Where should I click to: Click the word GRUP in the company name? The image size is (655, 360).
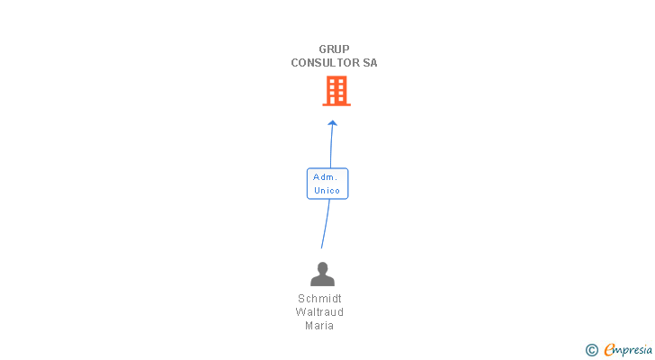[334, 49]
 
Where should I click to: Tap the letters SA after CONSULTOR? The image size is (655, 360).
[370, 63]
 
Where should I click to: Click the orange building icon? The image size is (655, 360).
[336, 90]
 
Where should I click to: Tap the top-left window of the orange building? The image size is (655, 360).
[330, 81]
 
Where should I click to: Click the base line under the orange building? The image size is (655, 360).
[336, 105]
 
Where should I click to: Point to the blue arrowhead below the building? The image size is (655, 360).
[332, 122]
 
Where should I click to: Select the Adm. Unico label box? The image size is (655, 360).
[327, 184]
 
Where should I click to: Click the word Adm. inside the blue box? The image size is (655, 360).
[325, 177]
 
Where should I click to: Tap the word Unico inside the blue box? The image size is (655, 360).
[327, 191]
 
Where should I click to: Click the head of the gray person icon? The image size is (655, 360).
[322, 267]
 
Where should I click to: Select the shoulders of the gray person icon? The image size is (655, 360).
[322, 281]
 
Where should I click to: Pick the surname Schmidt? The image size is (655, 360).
[319, 299]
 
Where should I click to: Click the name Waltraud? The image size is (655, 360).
[319, 312]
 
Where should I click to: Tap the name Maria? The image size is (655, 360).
[319, 326]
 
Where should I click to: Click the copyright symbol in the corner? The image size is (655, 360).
[592, 349]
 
